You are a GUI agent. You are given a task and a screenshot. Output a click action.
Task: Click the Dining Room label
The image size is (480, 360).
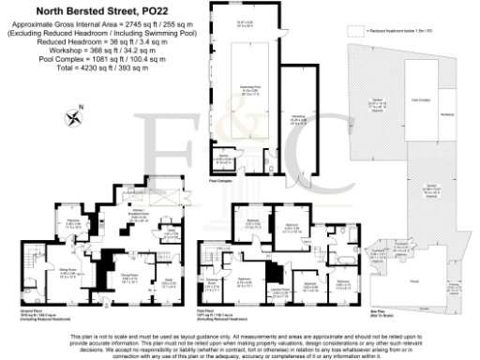pos(130,276)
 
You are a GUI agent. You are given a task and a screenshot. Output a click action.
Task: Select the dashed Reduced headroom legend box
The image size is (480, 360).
pos(352,30)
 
